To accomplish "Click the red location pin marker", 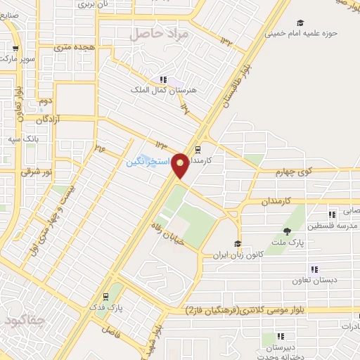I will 181,166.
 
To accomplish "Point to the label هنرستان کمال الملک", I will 157,90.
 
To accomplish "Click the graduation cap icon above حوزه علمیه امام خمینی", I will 300,22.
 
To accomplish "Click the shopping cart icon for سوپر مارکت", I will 15,49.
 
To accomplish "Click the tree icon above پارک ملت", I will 287,231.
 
